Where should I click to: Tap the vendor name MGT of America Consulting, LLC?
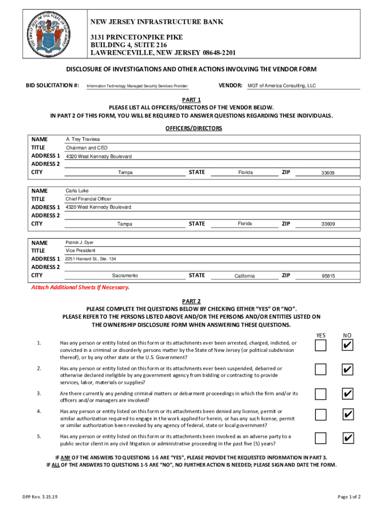pyautogui.click(x=282, y=86)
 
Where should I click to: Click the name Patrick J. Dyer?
pyautogui.click(x=80, y=243)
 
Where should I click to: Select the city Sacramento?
pyautogui.click(x=125, y=276)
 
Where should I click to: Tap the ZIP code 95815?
pyautogui.click(x=328, y=276)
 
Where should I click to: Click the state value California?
pyautogui.click(x=245, y=276)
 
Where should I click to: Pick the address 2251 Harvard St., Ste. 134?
pyautogui.click(x=91, y=259)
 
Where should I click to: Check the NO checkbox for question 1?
pyautogui.click(x=348, y=345)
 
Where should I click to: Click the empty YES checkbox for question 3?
pyautogui.click(x=321, y=394)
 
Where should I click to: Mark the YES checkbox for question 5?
pyautogui.click(x=321, y=438)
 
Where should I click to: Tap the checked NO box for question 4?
pyautogui.click(x=348, y=415)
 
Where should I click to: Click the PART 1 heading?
pyautogui.click(x=191, y=99)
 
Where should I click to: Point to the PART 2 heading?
pyautogui.click(x=191, y=301)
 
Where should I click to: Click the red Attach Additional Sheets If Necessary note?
pyautogui.click(x=80, y=287)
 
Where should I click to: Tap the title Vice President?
pyautogui.click(x=81, y=251)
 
